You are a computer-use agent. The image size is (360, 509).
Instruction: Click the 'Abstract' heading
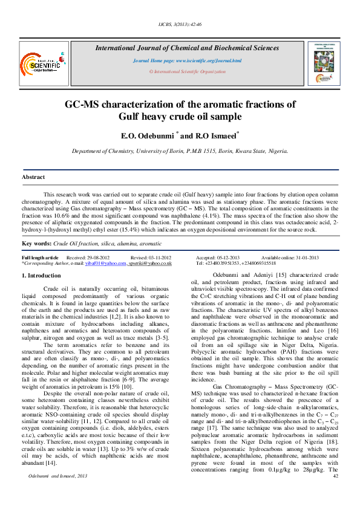(33, 177)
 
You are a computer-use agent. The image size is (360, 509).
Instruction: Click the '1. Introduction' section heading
(41, 276)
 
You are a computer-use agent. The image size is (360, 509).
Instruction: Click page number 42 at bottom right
(336, 476)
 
